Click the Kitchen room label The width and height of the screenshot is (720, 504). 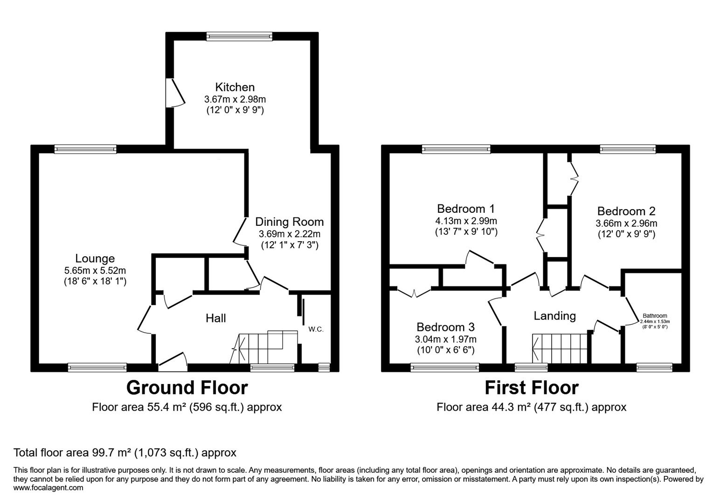pyautogui.click(x=235, y=87)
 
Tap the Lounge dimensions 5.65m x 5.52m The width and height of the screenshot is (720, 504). pyautogui.click(x=95, y=270)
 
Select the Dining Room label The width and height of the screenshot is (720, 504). pyautogui.click(x=289, y=222)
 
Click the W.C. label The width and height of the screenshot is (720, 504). pyautogui.click(x=316, y=329)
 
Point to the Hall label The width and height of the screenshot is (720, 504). pyautogui.click(x=216, y=318)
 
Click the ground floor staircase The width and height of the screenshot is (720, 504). pyautogui.click(x=263, y=348)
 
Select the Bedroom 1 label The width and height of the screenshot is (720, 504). pyautogui.click(x=465, y=209)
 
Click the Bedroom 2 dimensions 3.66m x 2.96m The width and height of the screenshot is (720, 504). pyautogui.click(x=626, y=223)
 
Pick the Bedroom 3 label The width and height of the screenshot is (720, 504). pyautogui.click(x=445, y=327)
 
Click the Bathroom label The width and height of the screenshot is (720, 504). pyautogui.click(x=655, y=316)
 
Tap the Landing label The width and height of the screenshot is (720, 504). pyautogui.click(x=554, y=316)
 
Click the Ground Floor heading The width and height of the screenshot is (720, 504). pyautogui.click(x=187, y=388)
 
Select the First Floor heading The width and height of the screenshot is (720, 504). pyautogui.click(x=531, y=388)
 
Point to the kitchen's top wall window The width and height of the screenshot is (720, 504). pyautogui.click(x=239, y=36)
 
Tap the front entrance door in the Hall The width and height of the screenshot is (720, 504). pyautogui.click(x=173, y=363)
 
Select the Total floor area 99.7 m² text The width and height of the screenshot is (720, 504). pyautogui.click(x=125, y=453)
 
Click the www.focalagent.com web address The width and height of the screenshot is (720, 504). pyautogui.click(x=48, y=488)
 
